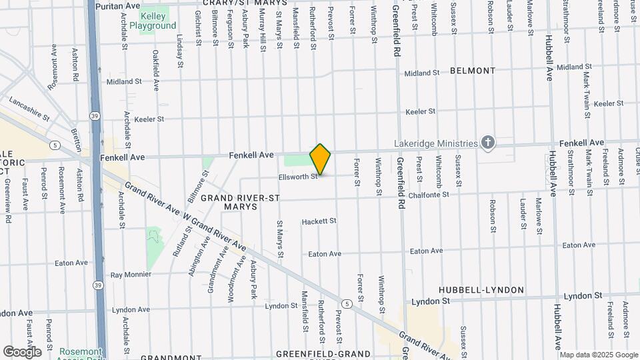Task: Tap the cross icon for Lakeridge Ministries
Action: point(488,142)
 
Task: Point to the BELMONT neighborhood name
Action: point(473,71)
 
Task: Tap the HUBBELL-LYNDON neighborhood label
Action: point(481,290)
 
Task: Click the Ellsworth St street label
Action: point(297,177)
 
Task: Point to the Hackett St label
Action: point(319,221)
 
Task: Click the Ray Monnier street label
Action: point(131,275)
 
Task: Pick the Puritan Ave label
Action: point(117,5)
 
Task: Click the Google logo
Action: point(21,351)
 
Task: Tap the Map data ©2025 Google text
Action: point(599,355)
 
